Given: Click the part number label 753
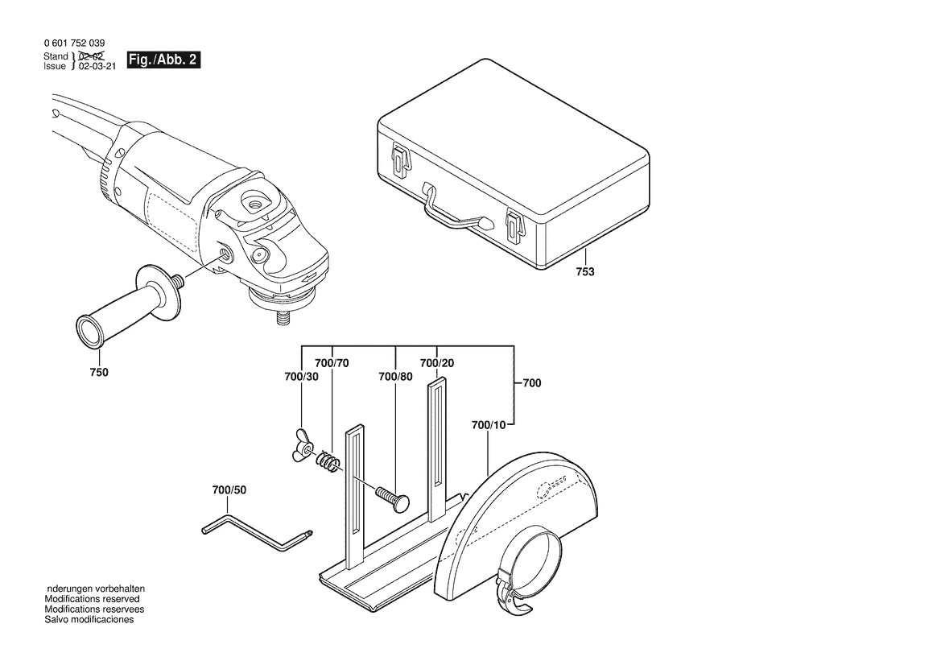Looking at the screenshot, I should [585, 272].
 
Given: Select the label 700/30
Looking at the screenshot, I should [301, 377].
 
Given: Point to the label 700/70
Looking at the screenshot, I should [332, 363].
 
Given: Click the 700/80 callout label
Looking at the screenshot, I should [395, 377].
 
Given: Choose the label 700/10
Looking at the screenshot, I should [489, 424].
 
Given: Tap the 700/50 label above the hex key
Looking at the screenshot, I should [229, 489].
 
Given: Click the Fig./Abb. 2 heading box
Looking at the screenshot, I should [163, 60].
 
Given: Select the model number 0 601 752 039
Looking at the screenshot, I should [73, 43].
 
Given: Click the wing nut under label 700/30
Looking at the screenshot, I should [303, 447].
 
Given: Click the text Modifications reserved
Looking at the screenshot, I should [92, 600].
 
